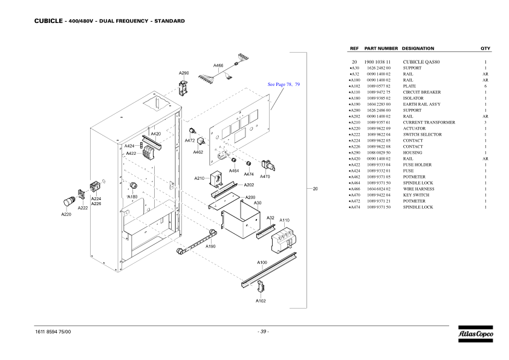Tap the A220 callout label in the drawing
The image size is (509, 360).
tap(66, 214)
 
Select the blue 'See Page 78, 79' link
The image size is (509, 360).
tap(284, 85)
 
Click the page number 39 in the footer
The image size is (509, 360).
tap(263, 331)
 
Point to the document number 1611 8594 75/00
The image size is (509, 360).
tap(54, 331)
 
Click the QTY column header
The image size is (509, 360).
tap(485, 48)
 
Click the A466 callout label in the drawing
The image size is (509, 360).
tap(219, 65)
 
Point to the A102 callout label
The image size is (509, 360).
tap(261, 301)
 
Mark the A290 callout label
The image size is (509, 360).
tap(184, 73)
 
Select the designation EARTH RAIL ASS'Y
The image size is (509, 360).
tap(421, 104)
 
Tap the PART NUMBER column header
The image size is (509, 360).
tap(381, 48)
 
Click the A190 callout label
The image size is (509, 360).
tap(210, 246)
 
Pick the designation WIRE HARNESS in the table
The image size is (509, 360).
tap(418, 189)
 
